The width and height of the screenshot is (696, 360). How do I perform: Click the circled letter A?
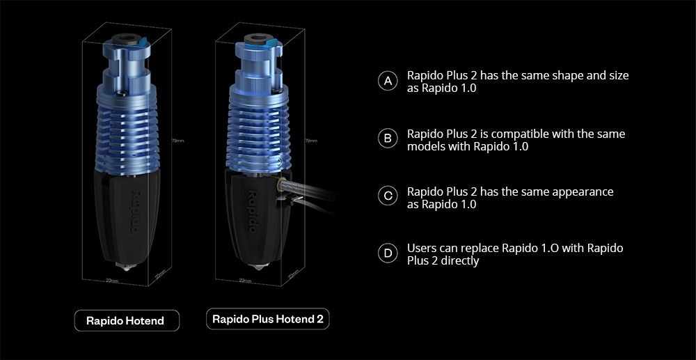point(388,81)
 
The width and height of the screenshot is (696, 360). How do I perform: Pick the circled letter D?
point(388,253)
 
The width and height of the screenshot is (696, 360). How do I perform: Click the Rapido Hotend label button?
point(125,321)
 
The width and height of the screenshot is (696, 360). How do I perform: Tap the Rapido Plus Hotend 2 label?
point(268,320)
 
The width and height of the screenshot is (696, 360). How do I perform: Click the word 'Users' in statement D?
point(423,248)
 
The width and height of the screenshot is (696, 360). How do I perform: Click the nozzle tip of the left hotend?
point(127,267)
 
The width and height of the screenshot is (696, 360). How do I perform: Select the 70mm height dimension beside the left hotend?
point(177,141)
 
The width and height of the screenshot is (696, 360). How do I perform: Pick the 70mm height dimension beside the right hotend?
point(310,141)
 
